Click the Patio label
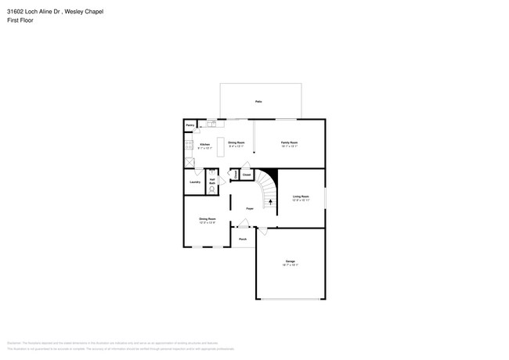pos(258,103)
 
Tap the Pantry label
pos(190,125)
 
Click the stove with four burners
pos(188,145)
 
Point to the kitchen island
pos(220,143)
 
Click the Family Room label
pos(290,143)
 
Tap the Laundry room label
pos(194,182)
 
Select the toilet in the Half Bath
pos(212,190)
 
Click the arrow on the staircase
pos(271,202)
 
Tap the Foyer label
pos(250,208)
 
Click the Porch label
pos(243,238)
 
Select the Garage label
pos(290,261)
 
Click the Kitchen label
pos(204,145)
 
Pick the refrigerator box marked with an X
pos(189,161)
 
